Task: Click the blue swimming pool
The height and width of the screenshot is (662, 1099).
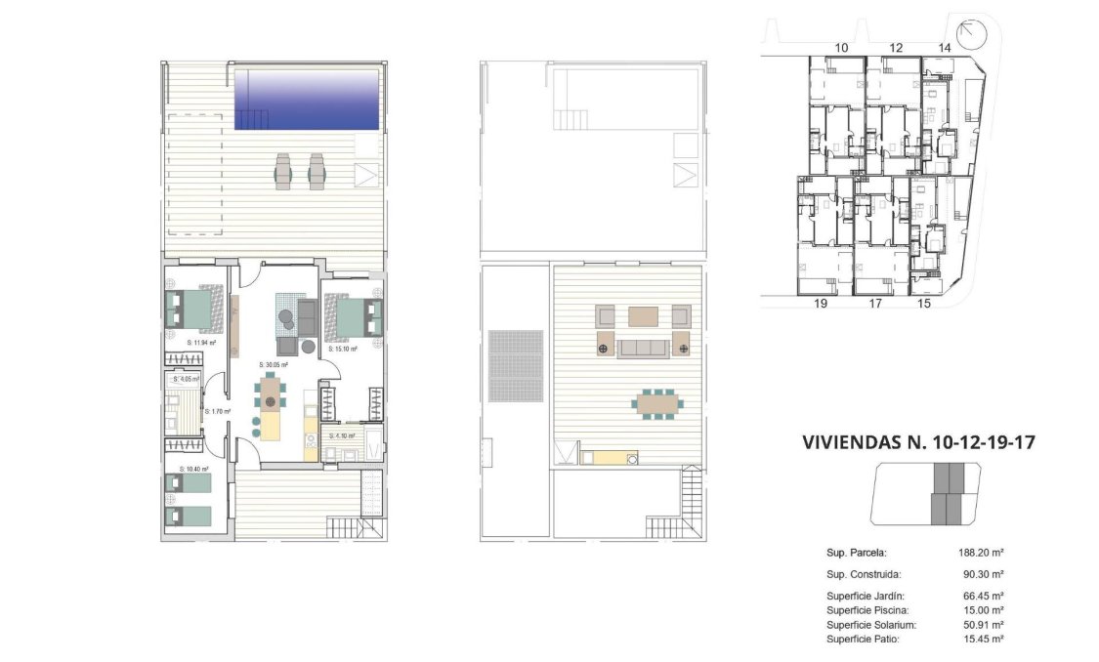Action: [307, 98]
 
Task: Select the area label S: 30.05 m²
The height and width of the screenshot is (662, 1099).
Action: [273, 364]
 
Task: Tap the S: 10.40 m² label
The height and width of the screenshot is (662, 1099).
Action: [194, 469]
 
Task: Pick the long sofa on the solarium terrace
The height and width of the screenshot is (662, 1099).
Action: [643, 348]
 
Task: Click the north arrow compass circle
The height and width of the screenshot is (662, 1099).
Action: [973, 36]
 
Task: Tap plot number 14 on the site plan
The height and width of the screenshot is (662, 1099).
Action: [944, 47]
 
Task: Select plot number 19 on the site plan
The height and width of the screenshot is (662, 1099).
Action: [821, 304]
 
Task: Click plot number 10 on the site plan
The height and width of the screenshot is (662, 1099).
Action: [841, 47]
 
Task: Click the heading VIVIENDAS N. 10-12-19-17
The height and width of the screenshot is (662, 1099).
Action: [917, 442]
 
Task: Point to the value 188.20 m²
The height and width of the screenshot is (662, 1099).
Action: [982, 552]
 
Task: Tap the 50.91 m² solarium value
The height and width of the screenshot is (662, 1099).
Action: [982, 624]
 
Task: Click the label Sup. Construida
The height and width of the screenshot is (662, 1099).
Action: [863, 575]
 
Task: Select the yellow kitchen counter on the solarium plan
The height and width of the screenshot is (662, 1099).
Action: [610, 456]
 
